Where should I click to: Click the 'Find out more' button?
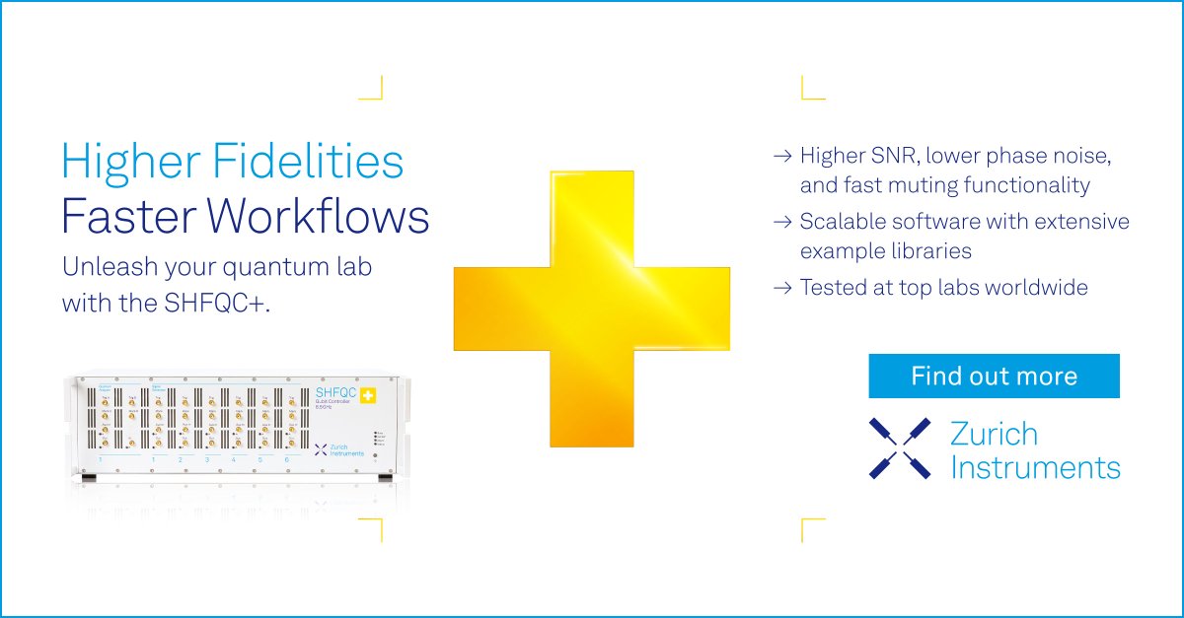tap(994, 376)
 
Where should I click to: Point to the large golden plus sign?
tap(591, 308)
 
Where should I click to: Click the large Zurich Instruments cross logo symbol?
tap(899, 448)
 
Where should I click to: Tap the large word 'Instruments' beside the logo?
tap(1035, 466)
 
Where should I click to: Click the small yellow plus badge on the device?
tap(368, 396)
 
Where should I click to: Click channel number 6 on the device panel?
tap(287, 459)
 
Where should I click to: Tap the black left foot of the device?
tap(88, 478)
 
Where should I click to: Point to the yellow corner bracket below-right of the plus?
tap(812, 530)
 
